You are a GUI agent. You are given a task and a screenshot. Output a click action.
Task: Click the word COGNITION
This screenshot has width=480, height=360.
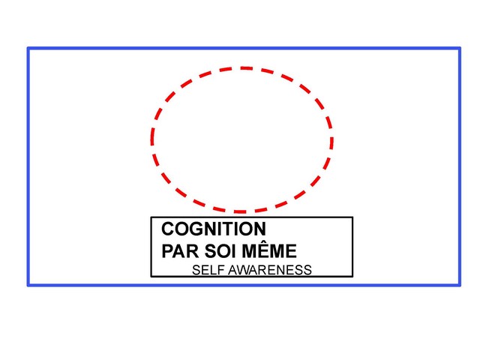(214, 229)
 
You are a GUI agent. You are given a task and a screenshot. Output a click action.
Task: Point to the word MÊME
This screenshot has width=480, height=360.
(269, 250)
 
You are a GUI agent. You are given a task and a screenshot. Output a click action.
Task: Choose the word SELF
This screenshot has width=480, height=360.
(208, 270)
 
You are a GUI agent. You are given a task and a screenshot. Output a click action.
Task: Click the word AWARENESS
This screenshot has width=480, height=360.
(270, 270)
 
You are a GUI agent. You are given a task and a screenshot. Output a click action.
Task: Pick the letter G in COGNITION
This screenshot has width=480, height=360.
(200, 229)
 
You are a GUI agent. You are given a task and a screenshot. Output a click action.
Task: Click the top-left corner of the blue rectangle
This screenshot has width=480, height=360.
(28, 48)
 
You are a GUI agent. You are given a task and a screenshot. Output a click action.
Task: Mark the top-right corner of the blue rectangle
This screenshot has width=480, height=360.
(460, 48)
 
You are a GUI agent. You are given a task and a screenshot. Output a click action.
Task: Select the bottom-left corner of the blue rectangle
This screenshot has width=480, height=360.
(28, 285)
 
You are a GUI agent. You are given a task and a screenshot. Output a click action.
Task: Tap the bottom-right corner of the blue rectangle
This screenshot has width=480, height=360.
(460, 285)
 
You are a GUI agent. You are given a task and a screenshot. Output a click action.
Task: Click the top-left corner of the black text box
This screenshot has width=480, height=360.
(151, 217)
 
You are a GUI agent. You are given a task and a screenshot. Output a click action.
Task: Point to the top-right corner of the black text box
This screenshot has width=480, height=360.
(352, 217)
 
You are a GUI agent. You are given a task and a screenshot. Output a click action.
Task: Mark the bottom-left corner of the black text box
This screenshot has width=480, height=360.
(151, 277)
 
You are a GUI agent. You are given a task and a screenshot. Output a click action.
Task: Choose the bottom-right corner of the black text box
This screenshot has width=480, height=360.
(352, 277)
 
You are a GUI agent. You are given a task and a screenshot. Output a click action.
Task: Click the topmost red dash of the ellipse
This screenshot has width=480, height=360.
(247, 68)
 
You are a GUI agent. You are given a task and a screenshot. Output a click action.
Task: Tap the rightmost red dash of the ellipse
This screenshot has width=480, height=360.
(331, 142)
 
